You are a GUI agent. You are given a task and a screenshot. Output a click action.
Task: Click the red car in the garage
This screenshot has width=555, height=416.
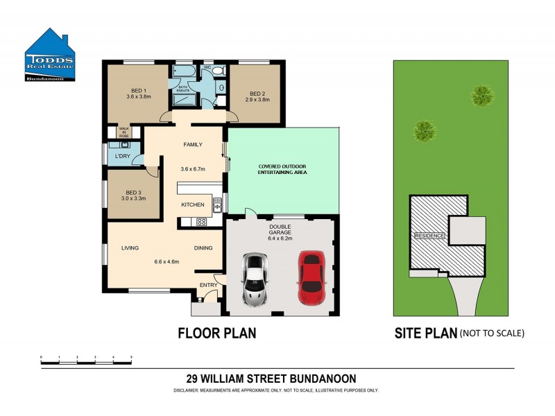coord(312,277)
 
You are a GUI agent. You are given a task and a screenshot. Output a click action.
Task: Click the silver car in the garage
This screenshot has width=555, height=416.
coord(255,279)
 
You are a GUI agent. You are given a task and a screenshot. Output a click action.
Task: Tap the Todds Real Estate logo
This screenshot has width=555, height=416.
coord(49,56)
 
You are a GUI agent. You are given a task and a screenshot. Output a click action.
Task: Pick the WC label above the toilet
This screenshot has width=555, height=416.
coord(207,67)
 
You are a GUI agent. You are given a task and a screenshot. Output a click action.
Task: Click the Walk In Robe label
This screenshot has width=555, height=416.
coord(124,132)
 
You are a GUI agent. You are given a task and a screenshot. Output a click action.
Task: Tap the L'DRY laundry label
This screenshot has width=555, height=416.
coord(123,156)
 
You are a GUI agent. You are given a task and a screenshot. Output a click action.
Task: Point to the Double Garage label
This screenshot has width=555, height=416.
coord(280,231)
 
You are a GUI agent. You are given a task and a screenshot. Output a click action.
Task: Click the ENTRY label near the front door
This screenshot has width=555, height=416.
coord(208,285)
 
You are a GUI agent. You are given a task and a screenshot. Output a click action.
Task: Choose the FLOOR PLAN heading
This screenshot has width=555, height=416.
coord(217,333)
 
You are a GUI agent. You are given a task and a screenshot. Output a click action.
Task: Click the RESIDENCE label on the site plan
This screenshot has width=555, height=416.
coord(429,236)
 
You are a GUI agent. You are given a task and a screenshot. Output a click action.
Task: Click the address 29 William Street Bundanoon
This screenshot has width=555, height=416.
coord(271,379)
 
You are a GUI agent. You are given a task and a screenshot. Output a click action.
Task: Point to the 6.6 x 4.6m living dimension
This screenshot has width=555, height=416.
coord(166,261)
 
